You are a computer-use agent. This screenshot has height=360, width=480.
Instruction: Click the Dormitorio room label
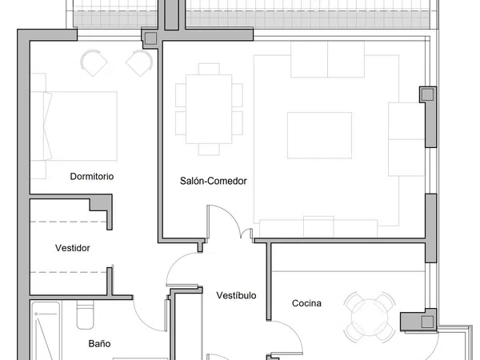click(92, 176)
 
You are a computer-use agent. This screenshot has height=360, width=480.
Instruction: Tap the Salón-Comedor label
click(214, 181)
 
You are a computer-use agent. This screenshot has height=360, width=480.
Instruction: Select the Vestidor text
click(73, 248)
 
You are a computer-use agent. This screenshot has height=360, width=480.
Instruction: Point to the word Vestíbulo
click(236, 295)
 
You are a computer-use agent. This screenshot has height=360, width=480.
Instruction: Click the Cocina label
click(306, 303)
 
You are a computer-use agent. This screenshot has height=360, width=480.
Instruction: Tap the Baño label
click(99, 344)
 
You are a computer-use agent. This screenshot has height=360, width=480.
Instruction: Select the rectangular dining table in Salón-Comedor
click(209, 109)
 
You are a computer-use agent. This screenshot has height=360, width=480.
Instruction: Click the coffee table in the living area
click(319, 135)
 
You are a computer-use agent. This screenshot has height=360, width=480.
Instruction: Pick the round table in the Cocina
click(370, 318)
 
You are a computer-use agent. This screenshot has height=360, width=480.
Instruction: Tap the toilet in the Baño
click(85, 314)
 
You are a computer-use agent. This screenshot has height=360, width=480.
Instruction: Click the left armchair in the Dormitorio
click(94, 62)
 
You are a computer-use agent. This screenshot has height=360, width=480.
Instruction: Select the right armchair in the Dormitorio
click(139, 62)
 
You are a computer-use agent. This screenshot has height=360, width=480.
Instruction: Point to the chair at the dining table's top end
click(209, 69)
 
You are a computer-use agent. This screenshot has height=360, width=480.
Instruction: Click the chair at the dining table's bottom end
click(209, 150)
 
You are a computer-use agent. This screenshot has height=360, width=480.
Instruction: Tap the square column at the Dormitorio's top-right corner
click(150, 38)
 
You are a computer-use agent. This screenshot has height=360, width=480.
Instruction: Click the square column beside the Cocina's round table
click(427, 322)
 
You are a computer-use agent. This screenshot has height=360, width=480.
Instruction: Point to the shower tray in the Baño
click(46, 331)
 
